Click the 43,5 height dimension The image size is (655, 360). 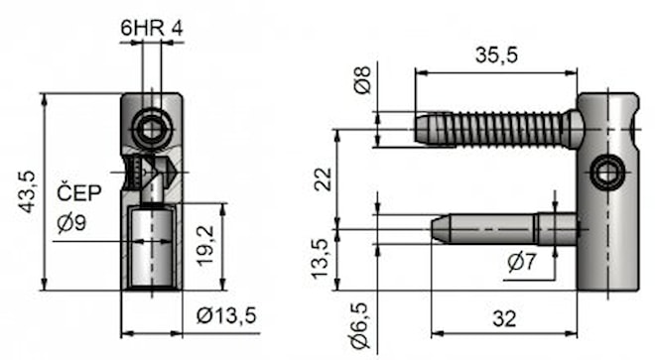click(28, 192)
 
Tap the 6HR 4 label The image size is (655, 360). click(152, 29)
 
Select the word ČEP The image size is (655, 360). click(79, 192)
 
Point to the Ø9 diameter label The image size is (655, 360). click(71, 222)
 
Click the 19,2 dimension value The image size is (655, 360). click(205, 246)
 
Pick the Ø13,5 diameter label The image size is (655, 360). click(226, 315)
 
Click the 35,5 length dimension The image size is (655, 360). click(496, 55)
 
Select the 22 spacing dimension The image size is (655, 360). click(323, 180)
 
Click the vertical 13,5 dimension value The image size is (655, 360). click(322, 259)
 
